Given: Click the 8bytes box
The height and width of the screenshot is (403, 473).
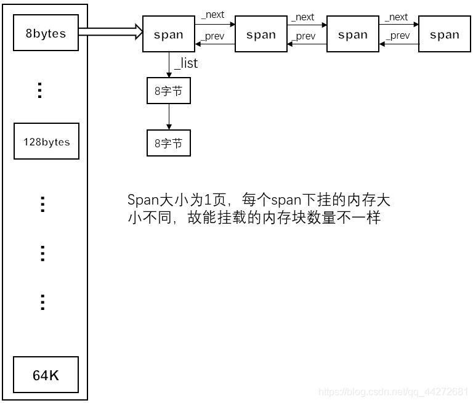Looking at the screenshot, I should coord(46,34).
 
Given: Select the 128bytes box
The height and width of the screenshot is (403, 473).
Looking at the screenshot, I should coord(46,141).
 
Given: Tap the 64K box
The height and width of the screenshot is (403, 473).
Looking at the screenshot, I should coord(46,374).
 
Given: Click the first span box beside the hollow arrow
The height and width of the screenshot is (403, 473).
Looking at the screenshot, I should coord(168,35).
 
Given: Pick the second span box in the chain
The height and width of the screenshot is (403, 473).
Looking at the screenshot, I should coord(261,35).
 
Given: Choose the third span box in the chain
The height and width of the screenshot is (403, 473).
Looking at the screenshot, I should coord(353,35).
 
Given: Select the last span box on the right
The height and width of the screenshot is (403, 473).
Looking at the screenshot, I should coord(445,35).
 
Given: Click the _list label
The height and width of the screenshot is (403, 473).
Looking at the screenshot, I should coord(186,63).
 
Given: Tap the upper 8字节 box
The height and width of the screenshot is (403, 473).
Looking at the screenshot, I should coord(168,91).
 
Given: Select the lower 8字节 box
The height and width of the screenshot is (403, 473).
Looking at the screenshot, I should coord(168,142).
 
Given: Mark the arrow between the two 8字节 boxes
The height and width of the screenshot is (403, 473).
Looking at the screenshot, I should coord(168,116).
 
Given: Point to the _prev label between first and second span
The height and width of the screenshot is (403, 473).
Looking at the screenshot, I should coord(212,36).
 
